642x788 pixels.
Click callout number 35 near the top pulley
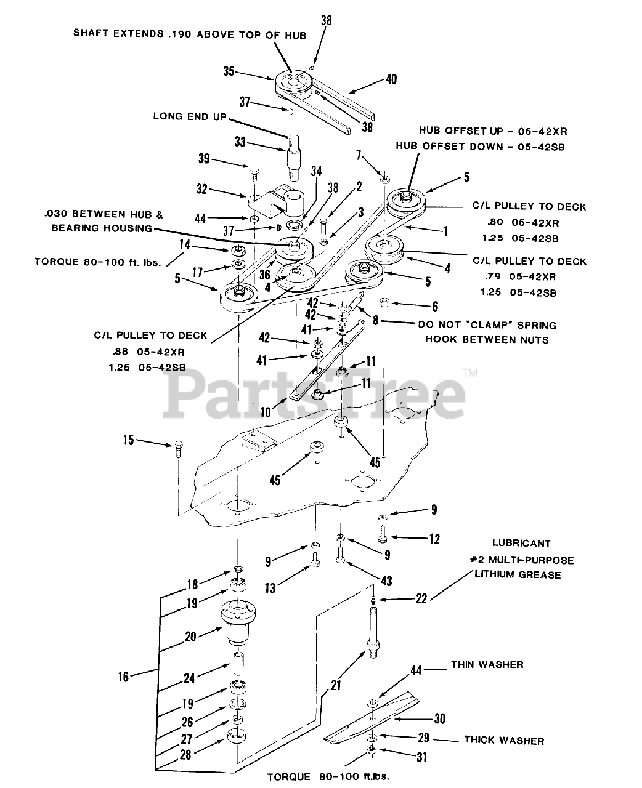pyautogui.click(x=229, y=71)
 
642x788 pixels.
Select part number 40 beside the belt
pyautogui.click(x=391, y=79)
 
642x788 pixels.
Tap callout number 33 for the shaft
pyautogui.click(x=240, y=143)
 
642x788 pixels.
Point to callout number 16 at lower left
pyautogui.click(x=124, y=677)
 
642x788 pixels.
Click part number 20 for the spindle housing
pyautogui.click(x=190, y=637)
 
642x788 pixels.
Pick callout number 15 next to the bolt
pyautogui.click(x=128, y=440)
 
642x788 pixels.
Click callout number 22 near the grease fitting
pyautogui.click(x=421, y=598)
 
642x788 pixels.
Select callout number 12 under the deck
pyautogui.click(x=434, y=539)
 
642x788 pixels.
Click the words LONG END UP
pyautogui.click(x=190, y=116)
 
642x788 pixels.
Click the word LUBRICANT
pyautogui.click(x=521, y=544)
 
